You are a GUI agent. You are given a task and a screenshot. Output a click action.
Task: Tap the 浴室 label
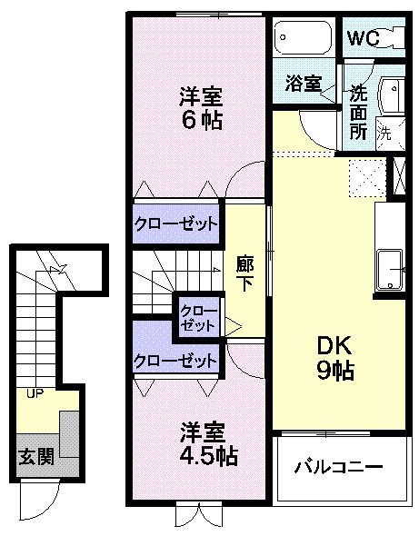click(303, 84)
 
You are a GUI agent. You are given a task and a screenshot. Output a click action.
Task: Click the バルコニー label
click(338, 469)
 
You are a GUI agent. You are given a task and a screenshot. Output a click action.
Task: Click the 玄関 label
click(36, 455)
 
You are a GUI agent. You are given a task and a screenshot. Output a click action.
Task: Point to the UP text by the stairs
click(35, 393)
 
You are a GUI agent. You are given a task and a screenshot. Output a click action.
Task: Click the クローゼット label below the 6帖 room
click(176, 223)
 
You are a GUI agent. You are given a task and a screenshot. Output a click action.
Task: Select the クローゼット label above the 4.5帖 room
click(176, 361)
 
